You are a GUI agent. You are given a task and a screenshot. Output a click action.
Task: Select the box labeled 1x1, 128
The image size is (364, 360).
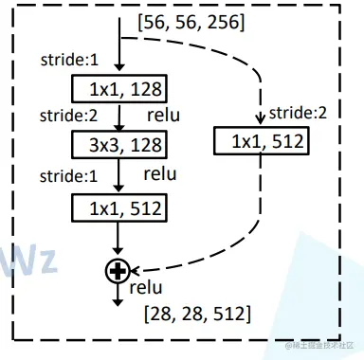coord(119,90)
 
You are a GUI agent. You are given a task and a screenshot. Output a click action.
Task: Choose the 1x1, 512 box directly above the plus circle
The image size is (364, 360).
coord(119,207)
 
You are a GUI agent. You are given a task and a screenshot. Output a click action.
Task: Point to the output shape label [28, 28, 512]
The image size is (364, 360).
coord(196,313)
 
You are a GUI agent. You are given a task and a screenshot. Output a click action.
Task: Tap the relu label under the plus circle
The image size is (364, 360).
coord(149,287)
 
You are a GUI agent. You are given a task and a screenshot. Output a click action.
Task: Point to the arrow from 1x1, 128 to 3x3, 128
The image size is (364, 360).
coord(119,117)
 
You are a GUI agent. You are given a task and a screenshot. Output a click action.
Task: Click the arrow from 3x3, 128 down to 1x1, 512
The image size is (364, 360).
coord(119,176)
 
